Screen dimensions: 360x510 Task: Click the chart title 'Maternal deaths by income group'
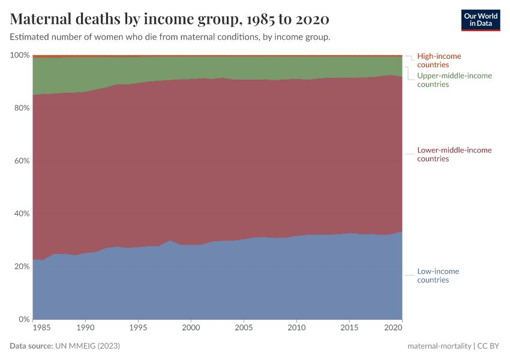pos(169,19)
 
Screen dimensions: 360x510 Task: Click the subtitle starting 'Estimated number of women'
pos(170,37)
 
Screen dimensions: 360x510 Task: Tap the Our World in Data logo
pos(480,20)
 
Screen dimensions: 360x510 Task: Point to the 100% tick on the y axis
pos(20,55)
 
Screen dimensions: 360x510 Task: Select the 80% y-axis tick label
pos(21,108)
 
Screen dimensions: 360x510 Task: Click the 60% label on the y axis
pos(21,161)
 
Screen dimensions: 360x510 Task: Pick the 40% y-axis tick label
pos(21,214)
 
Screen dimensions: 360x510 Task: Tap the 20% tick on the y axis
pos(21,266)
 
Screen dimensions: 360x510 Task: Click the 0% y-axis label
pos(23,319)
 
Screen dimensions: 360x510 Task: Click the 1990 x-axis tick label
pos(85,329)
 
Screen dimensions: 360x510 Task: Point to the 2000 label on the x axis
pos(191,329)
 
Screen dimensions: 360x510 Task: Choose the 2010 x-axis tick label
pos(296,329)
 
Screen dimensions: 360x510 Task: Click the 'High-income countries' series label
pos(439,61)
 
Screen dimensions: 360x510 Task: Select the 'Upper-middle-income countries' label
pos(454,80)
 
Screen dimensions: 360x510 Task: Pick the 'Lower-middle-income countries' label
pos(454,154)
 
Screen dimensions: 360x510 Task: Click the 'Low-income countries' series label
pos(438,275)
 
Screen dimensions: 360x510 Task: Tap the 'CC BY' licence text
pos(488,346)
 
